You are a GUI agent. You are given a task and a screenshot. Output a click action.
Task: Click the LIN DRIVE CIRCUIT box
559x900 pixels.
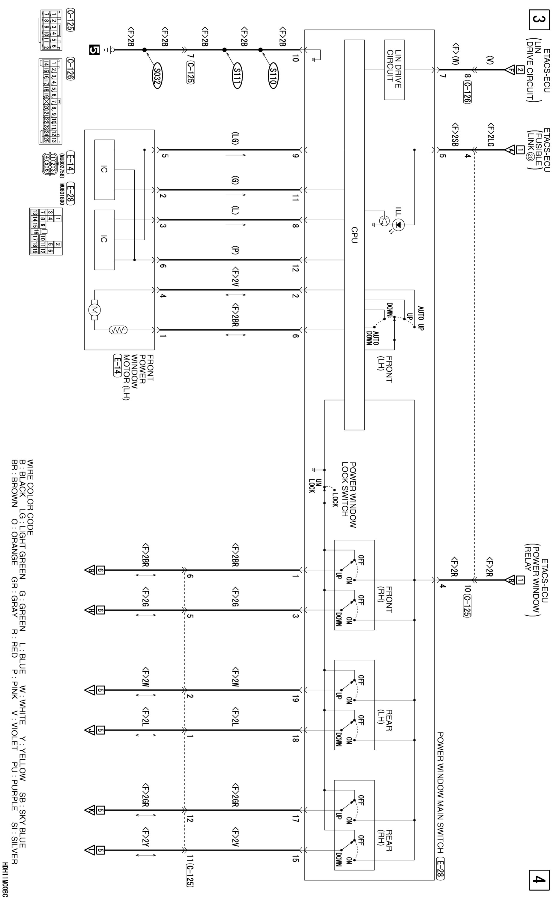point(394,70)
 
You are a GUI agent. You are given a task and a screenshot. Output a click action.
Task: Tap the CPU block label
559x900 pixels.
point(354,235)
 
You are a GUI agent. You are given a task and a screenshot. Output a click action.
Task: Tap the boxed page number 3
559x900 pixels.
point(539,20)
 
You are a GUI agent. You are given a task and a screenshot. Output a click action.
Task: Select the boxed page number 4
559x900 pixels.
point(539,880)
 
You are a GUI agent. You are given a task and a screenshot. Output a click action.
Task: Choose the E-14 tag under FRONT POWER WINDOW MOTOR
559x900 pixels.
point(117,365)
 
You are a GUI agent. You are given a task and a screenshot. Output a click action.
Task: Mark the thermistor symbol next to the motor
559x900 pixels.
point(118,329)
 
